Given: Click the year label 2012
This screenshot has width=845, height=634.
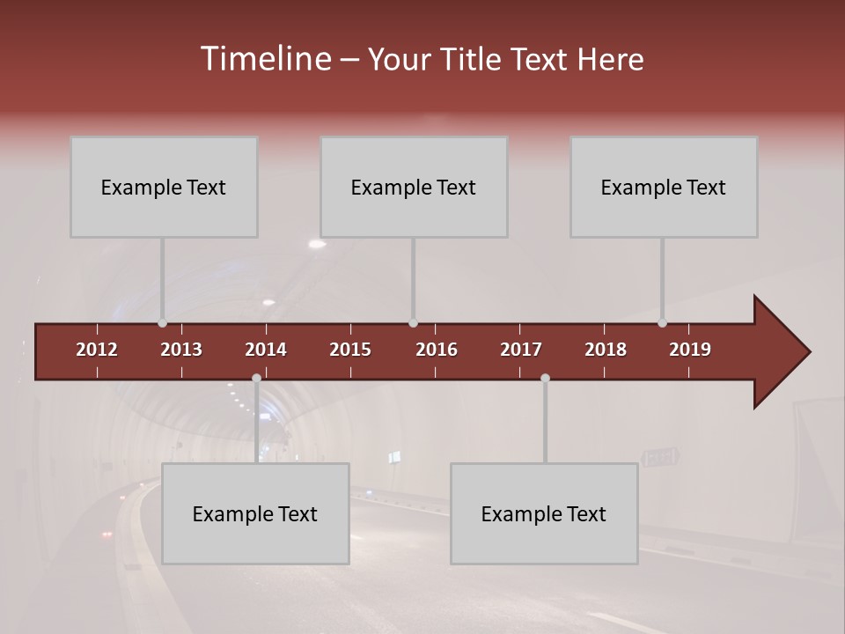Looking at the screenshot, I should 97,350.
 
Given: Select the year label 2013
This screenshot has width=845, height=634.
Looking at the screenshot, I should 181,350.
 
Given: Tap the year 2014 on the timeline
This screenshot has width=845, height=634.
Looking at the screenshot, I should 266,350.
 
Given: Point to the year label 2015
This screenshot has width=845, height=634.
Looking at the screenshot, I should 350,350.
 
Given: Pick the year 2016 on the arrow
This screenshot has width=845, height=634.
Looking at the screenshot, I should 437,350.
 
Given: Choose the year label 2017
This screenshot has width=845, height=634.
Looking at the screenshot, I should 521,350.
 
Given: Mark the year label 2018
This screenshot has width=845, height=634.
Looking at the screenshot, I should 606,350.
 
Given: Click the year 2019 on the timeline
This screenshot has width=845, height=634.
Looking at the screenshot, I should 690,350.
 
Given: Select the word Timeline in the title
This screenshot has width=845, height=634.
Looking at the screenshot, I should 265,59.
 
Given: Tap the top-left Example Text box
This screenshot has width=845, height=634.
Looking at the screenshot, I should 164,187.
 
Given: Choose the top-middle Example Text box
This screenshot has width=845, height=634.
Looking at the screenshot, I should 414,187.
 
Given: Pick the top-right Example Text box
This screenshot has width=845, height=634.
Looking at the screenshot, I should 664,187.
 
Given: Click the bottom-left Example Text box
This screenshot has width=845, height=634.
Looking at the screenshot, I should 255,513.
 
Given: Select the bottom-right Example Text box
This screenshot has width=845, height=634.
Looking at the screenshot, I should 544,513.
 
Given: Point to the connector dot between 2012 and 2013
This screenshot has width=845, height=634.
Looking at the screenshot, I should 162,323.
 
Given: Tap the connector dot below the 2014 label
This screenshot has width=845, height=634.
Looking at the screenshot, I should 256,379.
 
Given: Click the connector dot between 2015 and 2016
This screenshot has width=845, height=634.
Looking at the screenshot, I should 413,323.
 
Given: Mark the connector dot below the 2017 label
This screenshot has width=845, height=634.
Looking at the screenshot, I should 545,379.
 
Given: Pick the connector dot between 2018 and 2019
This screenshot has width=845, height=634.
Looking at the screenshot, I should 662,323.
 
